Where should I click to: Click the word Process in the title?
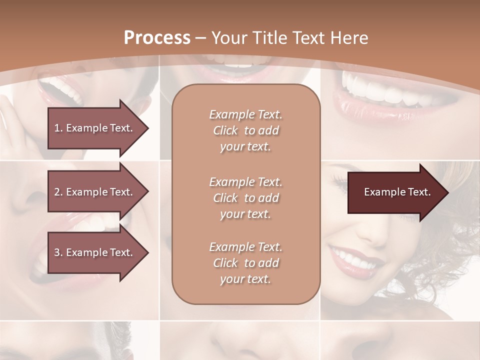pyautogui.click(x=156, y=38)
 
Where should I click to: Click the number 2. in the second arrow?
pyautogui.click(x=58, y=192)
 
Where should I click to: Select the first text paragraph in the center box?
pyautogui.click(x=245, y=130)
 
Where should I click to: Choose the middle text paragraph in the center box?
pyautogui.click(x=245, y=198)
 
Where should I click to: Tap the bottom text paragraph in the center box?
pyautogui.click(x=245, y=263)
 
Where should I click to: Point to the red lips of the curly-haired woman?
pyautogui.click(x=355, y=260)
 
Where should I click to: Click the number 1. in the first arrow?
pyautogui.click(x=58, y=128)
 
